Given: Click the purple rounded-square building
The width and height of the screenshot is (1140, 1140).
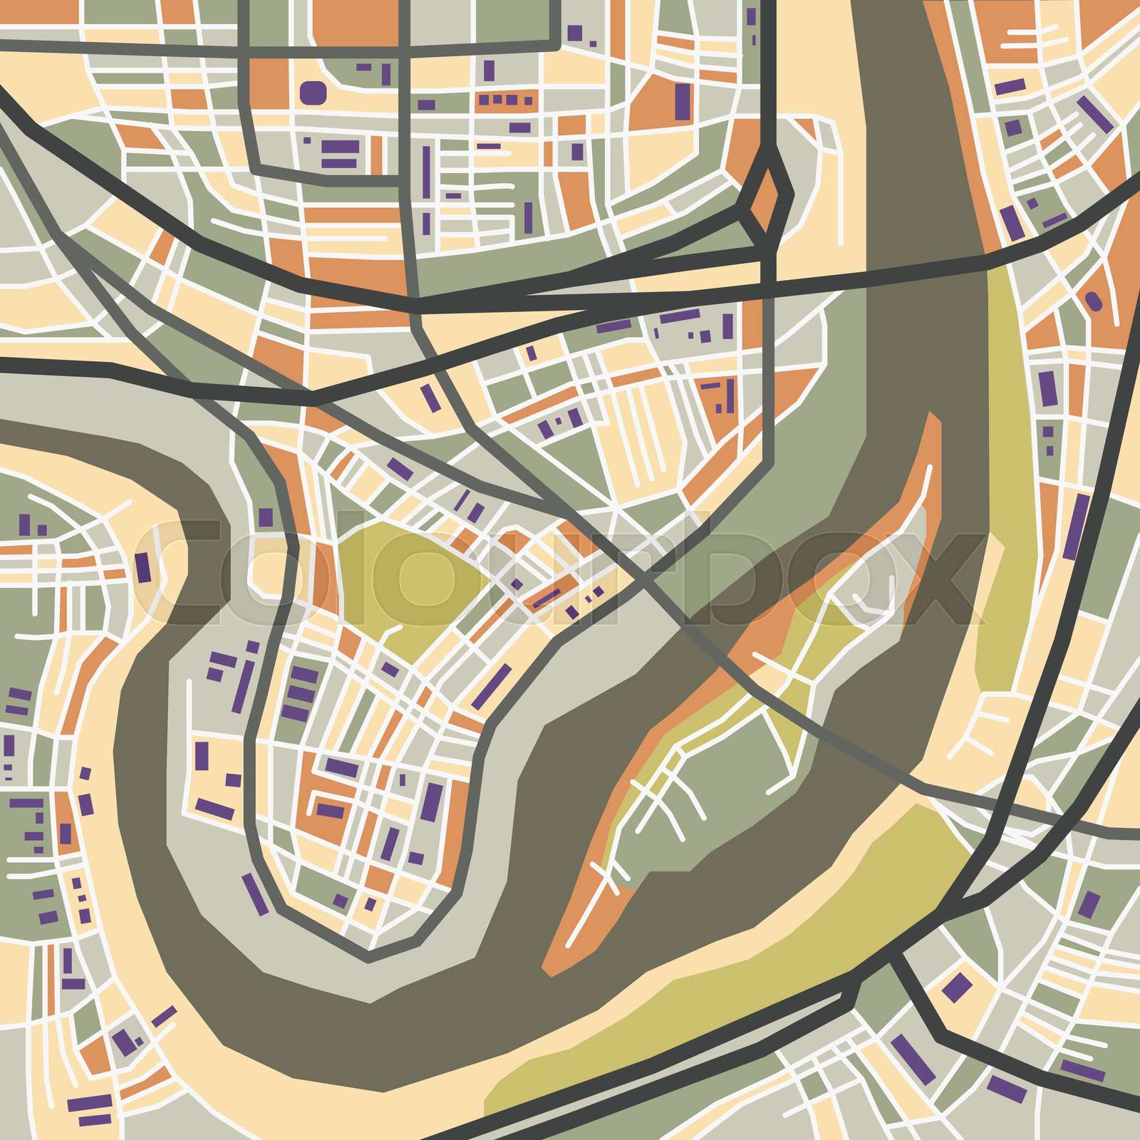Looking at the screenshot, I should coord(313,92).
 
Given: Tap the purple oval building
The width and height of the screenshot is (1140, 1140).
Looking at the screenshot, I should coord(1093,301).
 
